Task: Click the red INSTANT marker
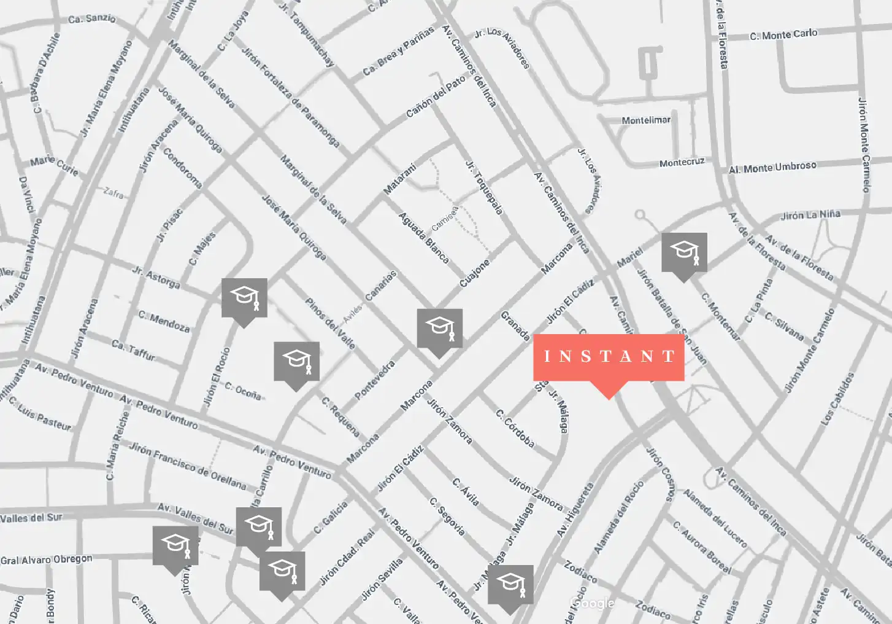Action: (609, 357)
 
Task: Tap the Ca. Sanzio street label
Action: (92, 18)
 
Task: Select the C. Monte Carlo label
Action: (783, 34)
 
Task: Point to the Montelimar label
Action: (646, 120)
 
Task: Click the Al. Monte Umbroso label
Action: (772, 168)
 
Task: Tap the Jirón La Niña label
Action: (810, 215)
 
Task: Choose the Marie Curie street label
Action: (55, 165)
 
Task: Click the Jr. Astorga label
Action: (156, 278)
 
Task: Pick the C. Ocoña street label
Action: (243, 391)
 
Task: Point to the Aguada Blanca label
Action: (424, 238)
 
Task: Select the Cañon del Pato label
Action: (436, 97)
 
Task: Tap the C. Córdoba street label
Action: (515, 428)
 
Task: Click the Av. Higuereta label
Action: (575, 510)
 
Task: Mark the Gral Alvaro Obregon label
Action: (47, 560)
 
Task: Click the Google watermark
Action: (592, 603)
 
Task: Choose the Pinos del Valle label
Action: (330, 323)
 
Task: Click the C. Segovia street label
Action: (447, 516)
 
